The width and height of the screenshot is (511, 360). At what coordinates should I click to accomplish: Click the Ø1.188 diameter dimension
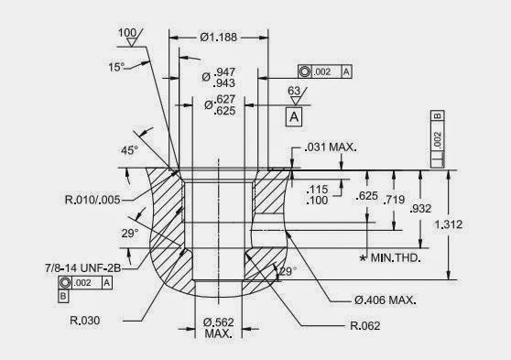pos(220,38)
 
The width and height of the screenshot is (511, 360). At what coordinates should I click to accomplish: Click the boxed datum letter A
pos(293,117)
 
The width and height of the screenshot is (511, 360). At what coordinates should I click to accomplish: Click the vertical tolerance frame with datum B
pos(438,137)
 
